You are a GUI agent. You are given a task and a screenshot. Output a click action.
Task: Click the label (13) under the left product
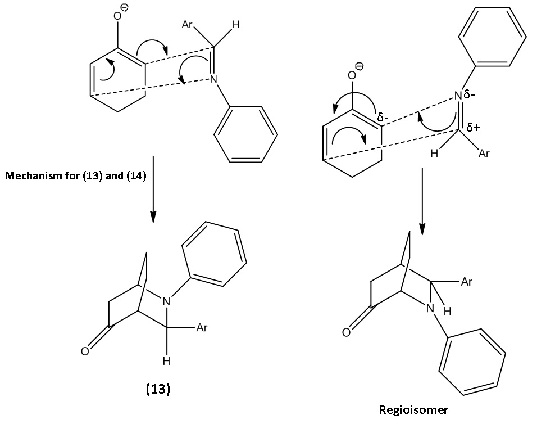[158, 389]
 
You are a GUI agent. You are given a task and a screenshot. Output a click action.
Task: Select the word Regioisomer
[413, 410]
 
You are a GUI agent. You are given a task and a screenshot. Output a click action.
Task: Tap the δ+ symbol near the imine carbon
[473, 128]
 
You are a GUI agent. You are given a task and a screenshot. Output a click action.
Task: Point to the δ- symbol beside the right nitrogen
[469, 94]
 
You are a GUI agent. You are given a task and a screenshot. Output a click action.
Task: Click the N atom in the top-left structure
[213, 79]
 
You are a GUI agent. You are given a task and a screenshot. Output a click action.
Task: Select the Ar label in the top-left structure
[187, 25]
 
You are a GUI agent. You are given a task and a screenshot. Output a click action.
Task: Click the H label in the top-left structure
[236, 25]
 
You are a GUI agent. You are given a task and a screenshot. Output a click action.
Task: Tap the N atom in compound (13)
[167, 302]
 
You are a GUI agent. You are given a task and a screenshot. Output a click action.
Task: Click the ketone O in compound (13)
[85, 351]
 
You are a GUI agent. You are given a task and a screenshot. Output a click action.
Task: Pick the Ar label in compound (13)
[202, 328]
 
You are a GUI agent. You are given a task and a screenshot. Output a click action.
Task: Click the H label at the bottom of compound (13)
[166, 361]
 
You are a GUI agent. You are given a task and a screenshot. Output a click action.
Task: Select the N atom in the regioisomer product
[430, 308]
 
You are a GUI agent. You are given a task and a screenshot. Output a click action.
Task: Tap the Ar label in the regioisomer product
[467, 282]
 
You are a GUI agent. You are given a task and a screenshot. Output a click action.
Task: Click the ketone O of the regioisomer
[346, 332]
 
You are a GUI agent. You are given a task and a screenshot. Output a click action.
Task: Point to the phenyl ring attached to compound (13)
[214, 254]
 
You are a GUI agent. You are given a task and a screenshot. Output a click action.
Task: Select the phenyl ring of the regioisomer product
[472, 362]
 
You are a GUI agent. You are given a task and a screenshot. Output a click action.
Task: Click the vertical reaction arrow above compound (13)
[153, 189]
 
